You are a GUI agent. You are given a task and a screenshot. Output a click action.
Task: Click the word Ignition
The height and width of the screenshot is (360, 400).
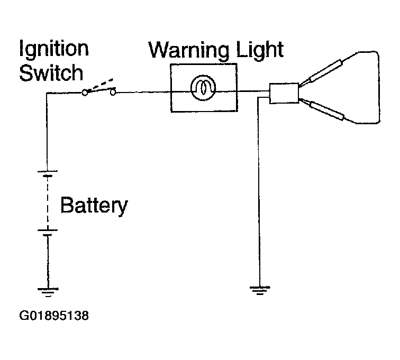54,49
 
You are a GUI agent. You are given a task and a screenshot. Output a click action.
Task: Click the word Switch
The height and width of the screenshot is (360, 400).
51,72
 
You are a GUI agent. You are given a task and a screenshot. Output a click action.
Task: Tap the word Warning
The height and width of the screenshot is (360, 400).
188,50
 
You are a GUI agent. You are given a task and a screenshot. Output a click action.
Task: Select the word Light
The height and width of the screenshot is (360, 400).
259,50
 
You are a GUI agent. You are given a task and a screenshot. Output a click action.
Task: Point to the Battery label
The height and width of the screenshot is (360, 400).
94,206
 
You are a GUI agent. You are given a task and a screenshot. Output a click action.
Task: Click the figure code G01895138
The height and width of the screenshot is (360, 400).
54,316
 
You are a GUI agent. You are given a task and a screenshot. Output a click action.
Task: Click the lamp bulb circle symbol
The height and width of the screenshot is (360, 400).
203,88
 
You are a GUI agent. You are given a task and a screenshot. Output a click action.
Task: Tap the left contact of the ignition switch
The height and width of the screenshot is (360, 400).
85,93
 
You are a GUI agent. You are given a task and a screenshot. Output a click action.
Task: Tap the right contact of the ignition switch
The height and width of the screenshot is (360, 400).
113,93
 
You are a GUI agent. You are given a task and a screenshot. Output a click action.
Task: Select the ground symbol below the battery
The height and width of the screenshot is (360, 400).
48,292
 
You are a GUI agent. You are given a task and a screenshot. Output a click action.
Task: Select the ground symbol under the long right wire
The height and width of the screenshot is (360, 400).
260,290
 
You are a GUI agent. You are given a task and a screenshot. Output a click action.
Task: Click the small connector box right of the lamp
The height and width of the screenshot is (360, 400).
284,94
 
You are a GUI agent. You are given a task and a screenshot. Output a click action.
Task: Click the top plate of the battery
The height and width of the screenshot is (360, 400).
48,171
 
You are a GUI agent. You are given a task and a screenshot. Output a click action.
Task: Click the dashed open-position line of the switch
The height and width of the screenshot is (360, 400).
101,85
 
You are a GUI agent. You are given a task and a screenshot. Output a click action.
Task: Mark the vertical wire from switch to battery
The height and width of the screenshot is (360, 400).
47,132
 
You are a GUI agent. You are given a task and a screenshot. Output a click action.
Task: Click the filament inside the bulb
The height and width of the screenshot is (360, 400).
203,88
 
